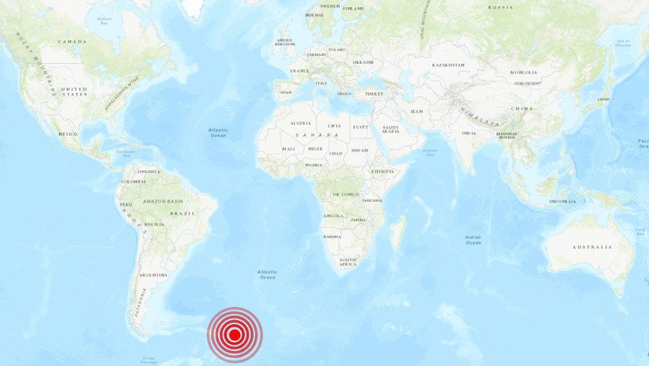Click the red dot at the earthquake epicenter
click(x=234, y=334)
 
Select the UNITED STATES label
click(x=74, y=91)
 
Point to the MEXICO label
click(x=68, y=134)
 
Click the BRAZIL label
click(x=182, y=214)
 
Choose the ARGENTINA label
click(x=153, y=275)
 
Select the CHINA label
click(x=521, y=108)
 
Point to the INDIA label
click(x=469, y=133)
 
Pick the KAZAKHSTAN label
click(x=447, y=65)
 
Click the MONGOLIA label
click(x=523, y=72)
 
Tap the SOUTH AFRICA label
click(x=348, y=262)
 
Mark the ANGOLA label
click(x=333, y=215)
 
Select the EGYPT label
click(x=360, y=126)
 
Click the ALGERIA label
click(x=301, y=124)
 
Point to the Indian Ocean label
click(x=473, y=239)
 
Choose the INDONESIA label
click(x=562, y=201)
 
